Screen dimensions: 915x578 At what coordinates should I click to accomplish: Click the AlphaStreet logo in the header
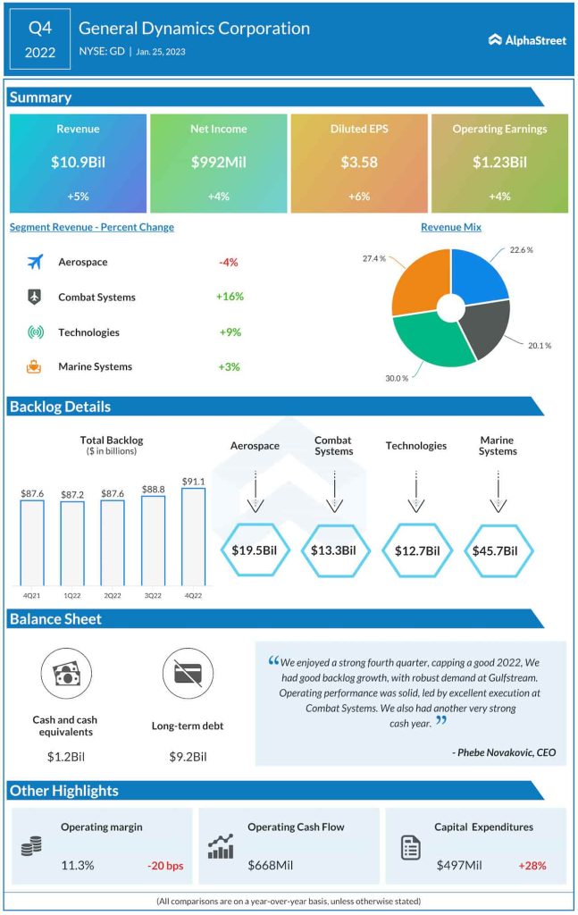[527, 39]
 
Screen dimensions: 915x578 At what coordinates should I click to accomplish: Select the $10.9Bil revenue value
[78, 163]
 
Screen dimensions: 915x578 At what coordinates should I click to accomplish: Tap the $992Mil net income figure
[218, 163]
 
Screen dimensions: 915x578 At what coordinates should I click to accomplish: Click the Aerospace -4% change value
[228, 263]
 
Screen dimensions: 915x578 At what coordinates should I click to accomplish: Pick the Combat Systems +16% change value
[229, 297]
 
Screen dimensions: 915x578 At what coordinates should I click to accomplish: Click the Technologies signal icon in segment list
[35, 332]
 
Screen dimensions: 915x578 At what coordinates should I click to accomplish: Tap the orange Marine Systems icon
[35, 366]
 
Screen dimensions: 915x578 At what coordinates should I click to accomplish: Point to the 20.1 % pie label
[539, 346]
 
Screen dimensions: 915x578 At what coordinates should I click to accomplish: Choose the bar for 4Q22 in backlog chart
[193, 534]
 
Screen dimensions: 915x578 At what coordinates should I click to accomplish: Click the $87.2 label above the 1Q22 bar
[72, 493]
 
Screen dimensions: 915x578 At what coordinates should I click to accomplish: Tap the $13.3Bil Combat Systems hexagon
[333, 550]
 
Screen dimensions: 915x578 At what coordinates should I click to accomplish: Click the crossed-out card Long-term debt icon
[188, 674]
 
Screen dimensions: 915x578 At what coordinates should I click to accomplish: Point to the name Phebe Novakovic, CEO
[504, 752]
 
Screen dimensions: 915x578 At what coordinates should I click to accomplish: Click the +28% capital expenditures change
[532, 865]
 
